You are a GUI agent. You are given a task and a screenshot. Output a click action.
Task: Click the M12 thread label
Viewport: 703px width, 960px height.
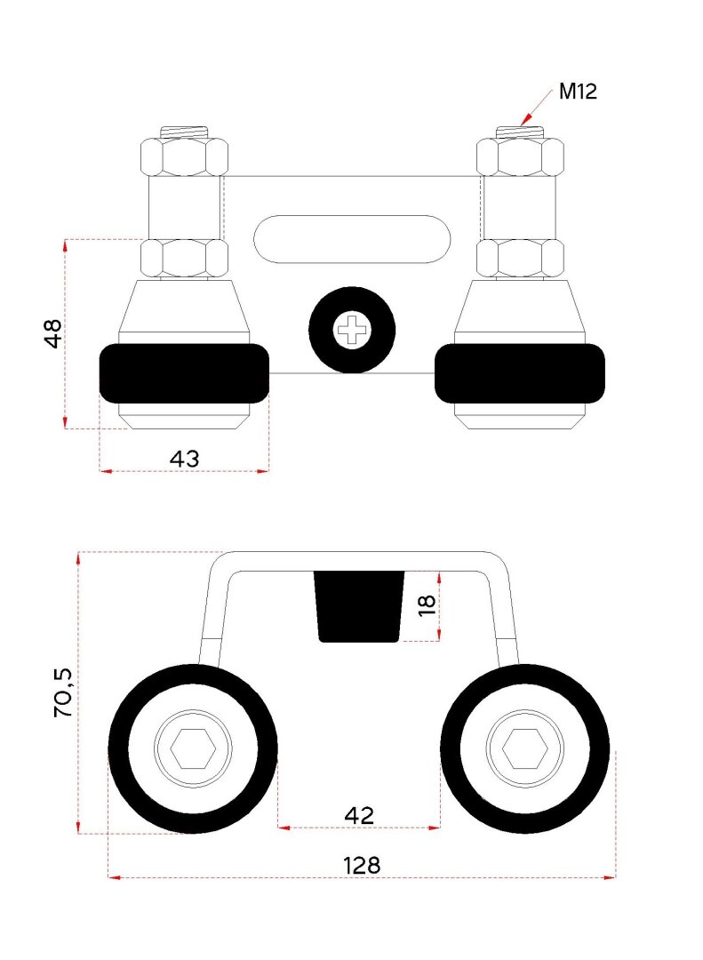click(x=578, y=92)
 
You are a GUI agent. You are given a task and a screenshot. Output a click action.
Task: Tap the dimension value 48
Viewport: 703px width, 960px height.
click(x=53, y=333)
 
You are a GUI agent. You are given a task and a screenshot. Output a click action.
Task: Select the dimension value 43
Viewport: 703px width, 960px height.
click(x=184, y=459)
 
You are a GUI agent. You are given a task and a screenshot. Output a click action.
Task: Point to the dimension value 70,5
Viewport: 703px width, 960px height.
click(x=63, y=692)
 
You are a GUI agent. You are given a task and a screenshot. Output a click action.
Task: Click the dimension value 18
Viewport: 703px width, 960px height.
click(x=427, y=605)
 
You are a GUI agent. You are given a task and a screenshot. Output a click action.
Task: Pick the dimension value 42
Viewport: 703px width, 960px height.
click(x=359, y=815)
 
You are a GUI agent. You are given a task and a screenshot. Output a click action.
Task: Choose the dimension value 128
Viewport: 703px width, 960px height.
click(x=362, y=865)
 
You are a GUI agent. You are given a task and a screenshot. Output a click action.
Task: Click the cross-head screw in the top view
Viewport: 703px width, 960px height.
click(x=352, y=330)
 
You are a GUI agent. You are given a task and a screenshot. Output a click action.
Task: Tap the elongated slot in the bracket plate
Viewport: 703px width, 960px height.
click(x=352, y=239)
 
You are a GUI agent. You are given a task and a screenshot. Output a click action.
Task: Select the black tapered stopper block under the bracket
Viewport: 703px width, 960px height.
click(x=359, y=606)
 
